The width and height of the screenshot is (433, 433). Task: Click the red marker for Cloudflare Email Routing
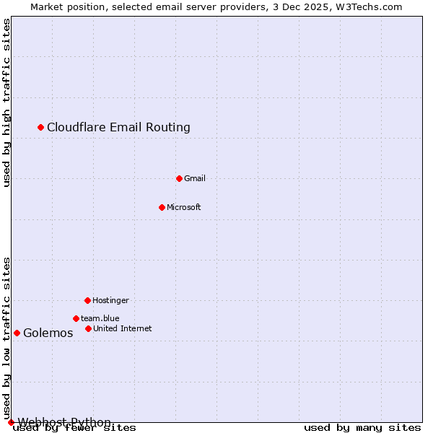click(x=41, y=128)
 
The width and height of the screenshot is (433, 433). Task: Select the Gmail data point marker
click(x=180, y=178)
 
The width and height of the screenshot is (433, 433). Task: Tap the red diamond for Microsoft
click(x=162, y=207)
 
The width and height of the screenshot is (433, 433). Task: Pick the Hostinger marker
click(x=87, y=300)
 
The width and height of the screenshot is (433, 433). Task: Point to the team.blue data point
click(x=76, y=318)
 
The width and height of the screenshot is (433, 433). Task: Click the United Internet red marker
click(x=88, y=328)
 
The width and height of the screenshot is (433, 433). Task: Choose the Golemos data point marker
click(x=17, y=333)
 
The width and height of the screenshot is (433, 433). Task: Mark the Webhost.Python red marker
click(x=11, y=422)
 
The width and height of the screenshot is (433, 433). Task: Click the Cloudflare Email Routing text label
click(x=118, y=128)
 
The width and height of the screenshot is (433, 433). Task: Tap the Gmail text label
click(x=195, y=178)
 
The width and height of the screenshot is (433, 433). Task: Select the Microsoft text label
click(x=184, y=207)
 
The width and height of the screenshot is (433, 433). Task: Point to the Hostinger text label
click(x=110, y=300)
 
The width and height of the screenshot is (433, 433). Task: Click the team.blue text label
click(x=100, y=318)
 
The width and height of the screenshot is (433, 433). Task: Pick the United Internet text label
click(x=123, y=328)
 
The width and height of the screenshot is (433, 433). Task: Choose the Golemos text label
click(x=48, y=333)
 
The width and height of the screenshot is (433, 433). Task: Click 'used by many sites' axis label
click(x=362, y=428)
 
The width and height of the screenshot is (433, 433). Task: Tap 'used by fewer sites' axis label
click(x=74, y=428)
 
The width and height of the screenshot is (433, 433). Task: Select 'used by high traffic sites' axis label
click(x=6, y=102)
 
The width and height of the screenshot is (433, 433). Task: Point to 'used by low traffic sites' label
click(x=6, y=338)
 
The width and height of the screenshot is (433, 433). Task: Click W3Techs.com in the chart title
click(x=367, y=6)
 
